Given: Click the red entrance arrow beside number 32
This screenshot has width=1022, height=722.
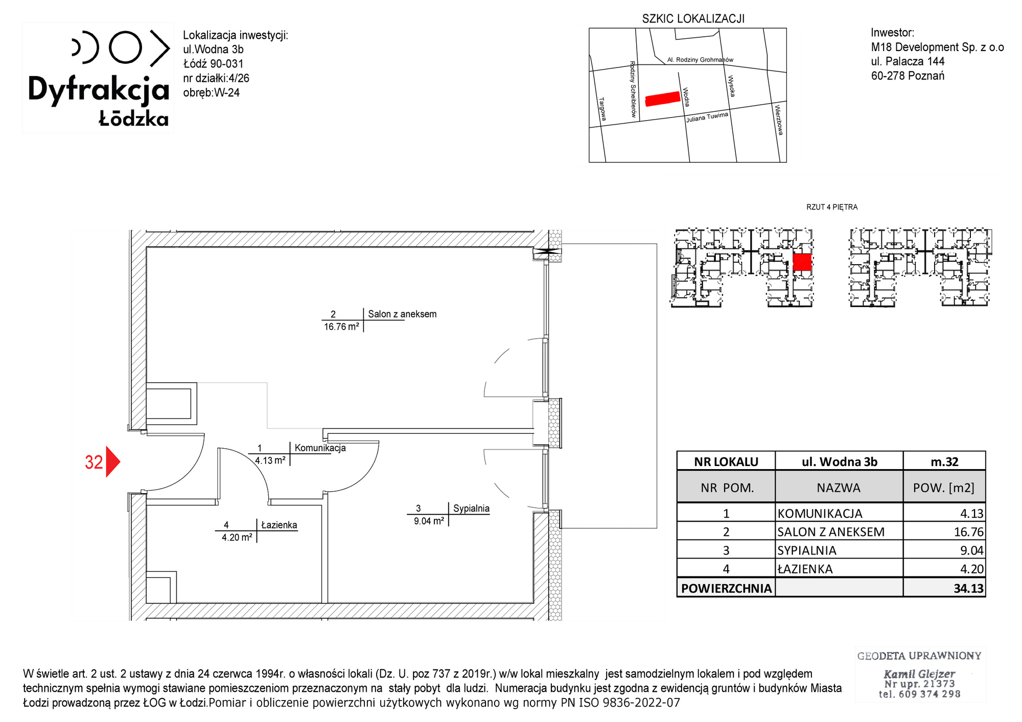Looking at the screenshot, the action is (x=112, y=462).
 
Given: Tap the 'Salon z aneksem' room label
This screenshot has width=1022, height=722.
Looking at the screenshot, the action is (x=402, y=314).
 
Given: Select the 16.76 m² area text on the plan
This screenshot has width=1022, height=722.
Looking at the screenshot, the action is (x=341, y=327).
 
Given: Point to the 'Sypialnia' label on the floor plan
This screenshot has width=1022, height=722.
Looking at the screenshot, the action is (x=471, y=508).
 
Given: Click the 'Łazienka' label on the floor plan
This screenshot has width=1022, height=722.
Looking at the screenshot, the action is (x=279, y=525).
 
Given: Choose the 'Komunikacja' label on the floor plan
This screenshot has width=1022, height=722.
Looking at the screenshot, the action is (x=320, y=448).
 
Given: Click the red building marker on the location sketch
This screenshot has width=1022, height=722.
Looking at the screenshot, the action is (x=663, y=99).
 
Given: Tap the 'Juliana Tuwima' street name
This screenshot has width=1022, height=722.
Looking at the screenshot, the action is (x=707, y=117).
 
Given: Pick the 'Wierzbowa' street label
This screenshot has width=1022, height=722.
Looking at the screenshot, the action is (x=779, y=120).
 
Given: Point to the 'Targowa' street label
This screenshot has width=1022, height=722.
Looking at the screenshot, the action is (x=602, y=109).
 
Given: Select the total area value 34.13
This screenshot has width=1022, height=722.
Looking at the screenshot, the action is (x=968, y=588).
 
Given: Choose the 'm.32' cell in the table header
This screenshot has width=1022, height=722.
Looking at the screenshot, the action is (x=944, y=462).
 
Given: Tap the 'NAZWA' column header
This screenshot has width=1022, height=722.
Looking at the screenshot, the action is (x=839, y=488).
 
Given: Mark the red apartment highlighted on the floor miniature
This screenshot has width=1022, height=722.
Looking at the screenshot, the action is (x=802, y=262).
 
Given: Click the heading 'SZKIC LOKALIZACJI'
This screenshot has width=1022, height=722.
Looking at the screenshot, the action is (x=693, y=19).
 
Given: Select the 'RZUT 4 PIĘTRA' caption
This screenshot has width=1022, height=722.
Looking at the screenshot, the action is (x=832, y=207).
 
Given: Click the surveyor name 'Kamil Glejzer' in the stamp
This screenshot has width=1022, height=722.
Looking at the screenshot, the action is (x=919, y=673).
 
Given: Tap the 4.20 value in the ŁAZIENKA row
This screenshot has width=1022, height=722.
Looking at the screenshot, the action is (x=972, y=569).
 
